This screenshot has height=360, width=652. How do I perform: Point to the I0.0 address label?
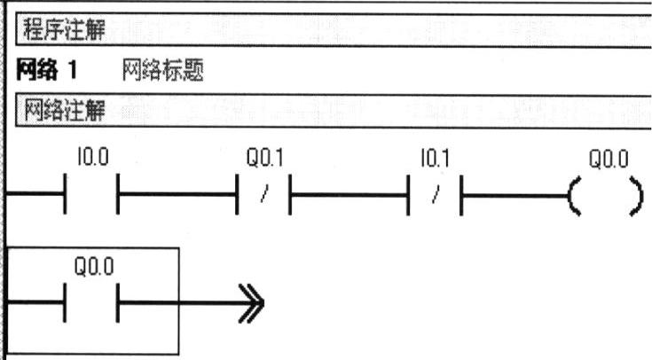click(x=91, y=160)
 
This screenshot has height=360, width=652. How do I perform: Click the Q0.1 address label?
click(x=263, y=160)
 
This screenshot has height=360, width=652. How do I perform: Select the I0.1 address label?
click(x=434, y=160)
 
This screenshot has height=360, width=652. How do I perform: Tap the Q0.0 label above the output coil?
click(x=608, y=160)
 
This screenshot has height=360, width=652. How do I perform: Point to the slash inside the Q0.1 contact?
click(x=263, y=194)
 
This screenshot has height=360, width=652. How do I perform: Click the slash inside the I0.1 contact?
click(x=435, y=194)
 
